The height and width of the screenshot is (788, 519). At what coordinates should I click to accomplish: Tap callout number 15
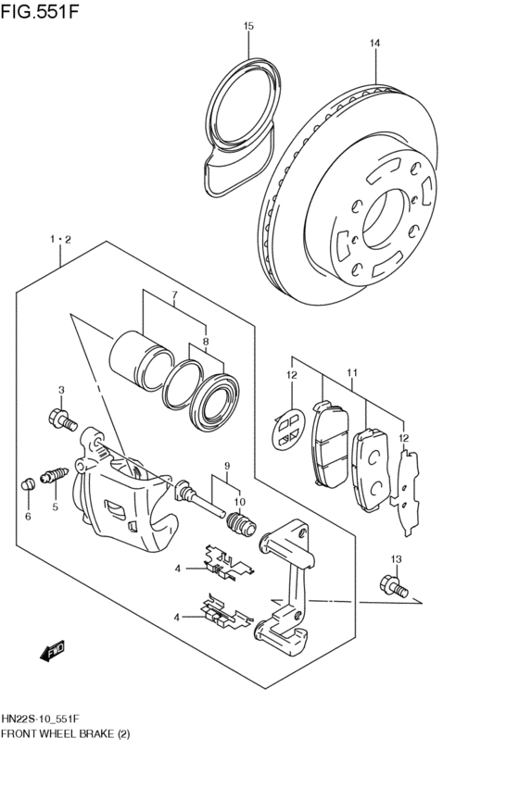[248, 27]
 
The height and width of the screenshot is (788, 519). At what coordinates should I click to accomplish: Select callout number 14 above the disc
[375, 43]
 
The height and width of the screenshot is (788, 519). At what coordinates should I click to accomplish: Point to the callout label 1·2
[60, 239]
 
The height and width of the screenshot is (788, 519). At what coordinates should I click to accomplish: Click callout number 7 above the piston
[172, 297]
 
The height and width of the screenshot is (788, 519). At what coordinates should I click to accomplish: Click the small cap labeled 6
[28, 483]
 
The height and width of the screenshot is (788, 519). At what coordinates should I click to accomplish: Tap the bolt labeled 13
[391, 585]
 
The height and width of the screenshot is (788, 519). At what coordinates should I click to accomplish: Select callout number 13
[396, 558]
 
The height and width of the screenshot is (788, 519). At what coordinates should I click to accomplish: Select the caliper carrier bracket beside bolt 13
[292, 583]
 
